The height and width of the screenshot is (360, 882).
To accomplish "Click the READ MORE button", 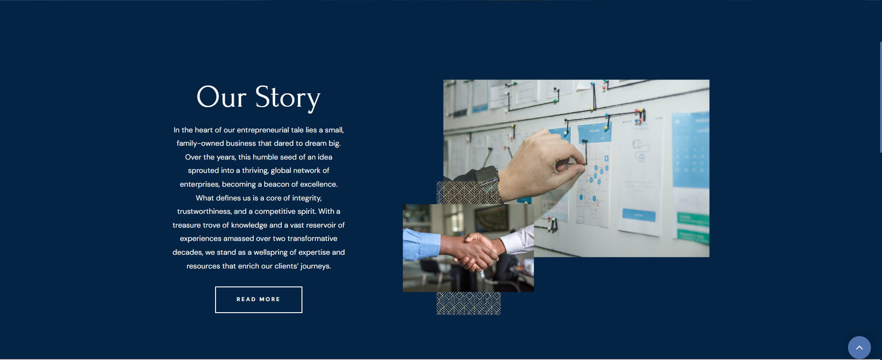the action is tap(259, 300).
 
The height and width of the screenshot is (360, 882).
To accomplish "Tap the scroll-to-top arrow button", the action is tap(859, 348).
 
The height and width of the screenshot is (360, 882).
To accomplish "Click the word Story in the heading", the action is tap(288, 97).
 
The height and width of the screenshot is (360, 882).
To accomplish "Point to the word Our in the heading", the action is tap(222, 97).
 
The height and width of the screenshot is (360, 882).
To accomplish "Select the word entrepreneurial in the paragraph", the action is tap(263, 130).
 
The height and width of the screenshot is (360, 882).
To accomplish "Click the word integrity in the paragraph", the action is tap(307, 198).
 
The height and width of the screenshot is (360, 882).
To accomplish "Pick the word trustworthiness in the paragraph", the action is tap(204, 211).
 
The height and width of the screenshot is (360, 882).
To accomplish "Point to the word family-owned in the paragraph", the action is tap(200, 143).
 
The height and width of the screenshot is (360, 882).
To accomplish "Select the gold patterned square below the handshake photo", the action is tap(468, 303).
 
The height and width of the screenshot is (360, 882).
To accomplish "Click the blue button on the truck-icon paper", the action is tap(639, 215).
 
